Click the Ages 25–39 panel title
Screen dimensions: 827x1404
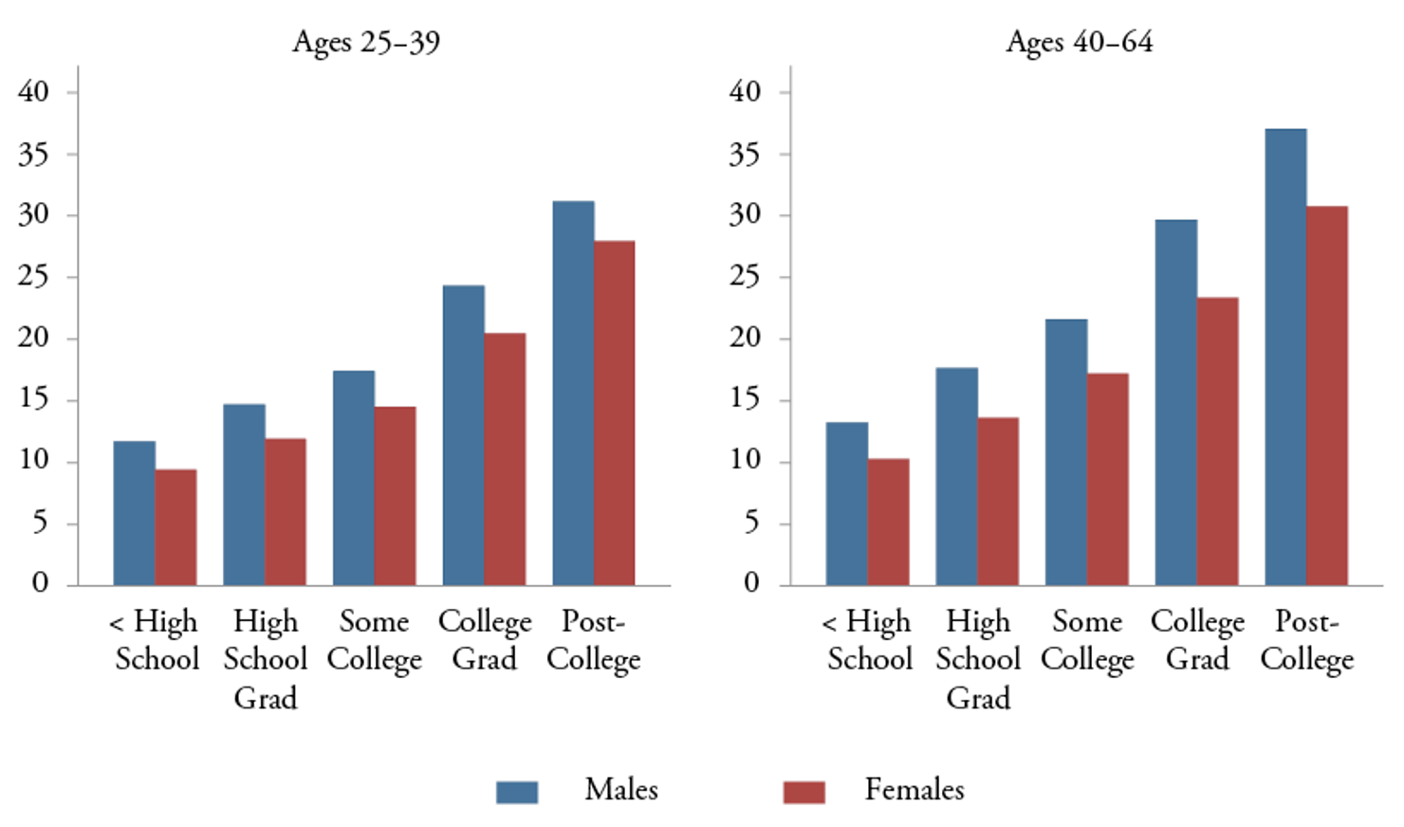tap(365, 42)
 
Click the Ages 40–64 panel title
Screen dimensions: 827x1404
tap(1079, 42)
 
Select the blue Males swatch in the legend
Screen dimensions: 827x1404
tap(517, 791)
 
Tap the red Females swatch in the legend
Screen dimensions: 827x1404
tap(804, 791)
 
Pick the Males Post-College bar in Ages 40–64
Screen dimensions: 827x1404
tap(1285, 357)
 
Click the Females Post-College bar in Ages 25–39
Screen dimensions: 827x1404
tap(615, 413)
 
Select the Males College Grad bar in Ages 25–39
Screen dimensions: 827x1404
tap(463, 434)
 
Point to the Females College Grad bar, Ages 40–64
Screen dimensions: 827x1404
tap(1217, 441)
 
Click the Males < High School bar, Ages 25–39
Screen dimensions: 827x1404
tap(134, 512)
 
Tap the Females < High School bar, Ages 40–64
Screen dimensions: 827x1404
tap(888, 522)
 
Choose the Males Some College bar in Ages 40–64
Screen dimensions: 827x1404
tap(1066, 451)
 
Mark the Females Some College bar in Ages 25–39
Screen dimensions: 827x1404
tap(395, 495)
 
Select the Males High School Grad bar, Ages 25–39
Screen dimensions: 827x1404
tap(244, 494)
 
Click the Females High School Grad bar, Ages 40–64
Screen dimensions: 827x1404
tap(998, 501)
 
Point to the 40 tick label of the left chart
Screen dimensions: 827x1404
tap(33, 92)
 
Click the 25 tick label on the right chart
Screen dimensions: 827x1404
tap(745, 277)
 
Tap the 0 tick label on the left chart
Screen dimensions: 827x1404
tap(39, 582)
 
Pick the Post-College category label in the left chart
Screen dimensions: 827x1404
tap(593, 640)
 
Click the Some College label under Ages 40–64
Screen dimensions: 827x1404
tap(1087, 640)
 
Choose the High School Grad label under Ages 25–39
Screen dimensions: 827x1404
tap(266, 659)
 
